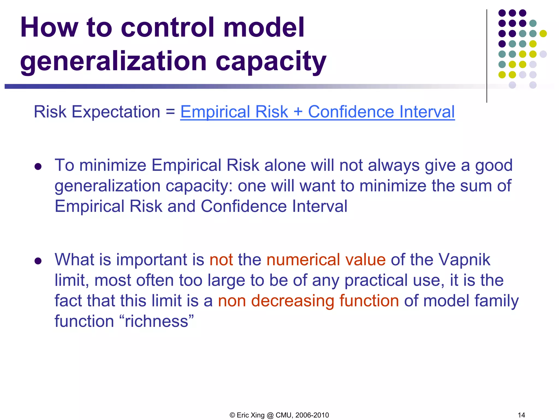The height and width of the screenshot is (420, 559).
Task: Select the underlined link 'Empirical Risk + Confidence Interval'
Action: click(317, 112)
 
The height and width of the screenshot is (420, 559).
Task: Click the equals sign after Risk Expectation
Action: click(170, 112)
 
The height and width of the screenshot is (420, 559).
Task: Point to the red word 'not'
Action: click(221, 259)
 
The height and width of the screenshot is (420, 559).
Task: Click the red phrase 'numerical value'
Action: click(326, 259)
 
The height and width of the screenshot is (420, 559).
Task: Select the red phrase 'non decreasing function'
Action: click(308, 301)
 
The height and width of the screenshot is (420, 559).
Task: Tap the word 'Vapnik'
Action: click(464, 259)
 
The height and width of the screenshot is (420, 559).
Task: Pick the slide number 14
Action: click(521, 415)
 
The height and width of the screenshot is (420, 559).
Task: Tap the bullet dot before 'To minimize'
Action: click(38, 166)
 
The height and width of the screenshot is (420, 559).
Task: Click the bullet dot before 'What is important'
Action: click(38, 261)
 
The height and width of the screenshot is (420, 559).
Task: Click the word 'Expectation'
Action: click(116, 112)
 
